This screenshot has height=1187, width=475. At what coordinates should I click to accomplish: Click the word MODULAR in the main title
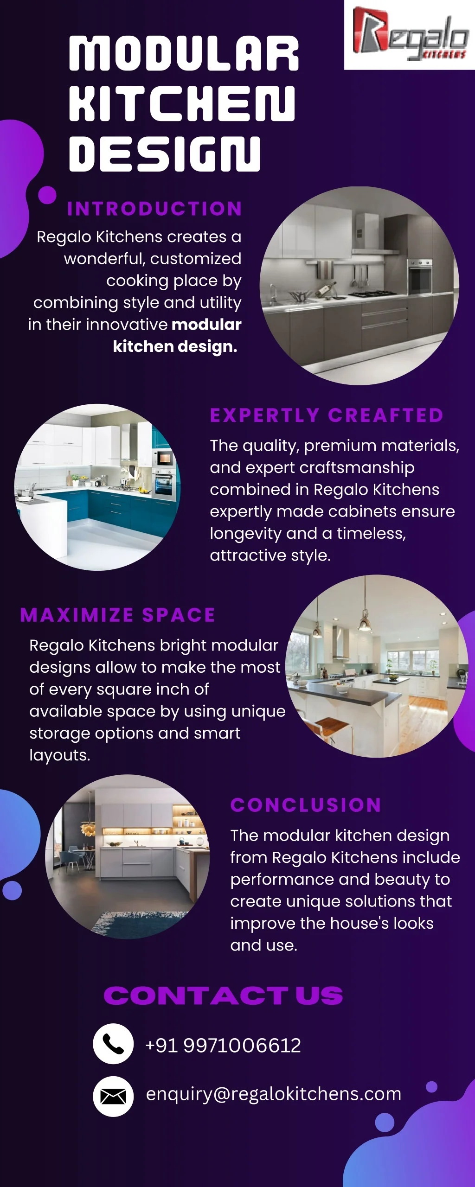184,54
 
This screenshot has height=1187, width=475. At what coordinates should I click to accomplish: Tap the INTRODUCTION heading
154,209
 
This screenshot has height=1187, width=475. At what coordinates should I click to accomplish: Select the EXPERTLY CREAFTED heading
327,415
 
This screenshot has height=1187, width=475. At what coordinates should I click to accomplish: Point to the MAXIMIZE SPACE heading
118,615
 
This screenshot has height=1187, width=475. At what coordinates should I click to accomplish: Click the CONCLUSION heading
306,805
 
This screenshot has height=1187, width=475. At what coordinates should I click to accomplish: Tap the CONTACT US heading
223,996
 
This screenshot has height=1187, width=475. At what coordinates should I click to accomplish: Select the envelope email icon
113,1096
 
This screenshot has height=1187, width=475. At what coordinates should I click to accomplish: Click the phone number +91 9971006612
223,1046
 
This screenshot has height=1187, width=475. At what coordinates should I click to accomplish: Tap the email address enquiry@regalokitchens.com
274,1094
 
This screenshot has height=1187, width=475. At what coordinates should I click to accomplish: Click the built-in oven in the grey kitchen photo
420,276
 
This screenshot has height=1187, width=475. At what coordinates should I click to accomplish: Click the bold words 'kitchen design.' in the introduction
175,346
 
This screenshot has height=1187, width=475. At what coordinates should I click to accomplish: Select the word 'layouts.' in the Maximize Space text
60,755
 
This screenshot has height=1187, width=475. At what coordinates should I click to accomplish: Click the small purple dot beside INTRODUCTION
47,195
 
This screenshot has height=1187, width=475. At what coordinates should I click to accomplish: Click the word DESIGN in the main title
165,153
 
